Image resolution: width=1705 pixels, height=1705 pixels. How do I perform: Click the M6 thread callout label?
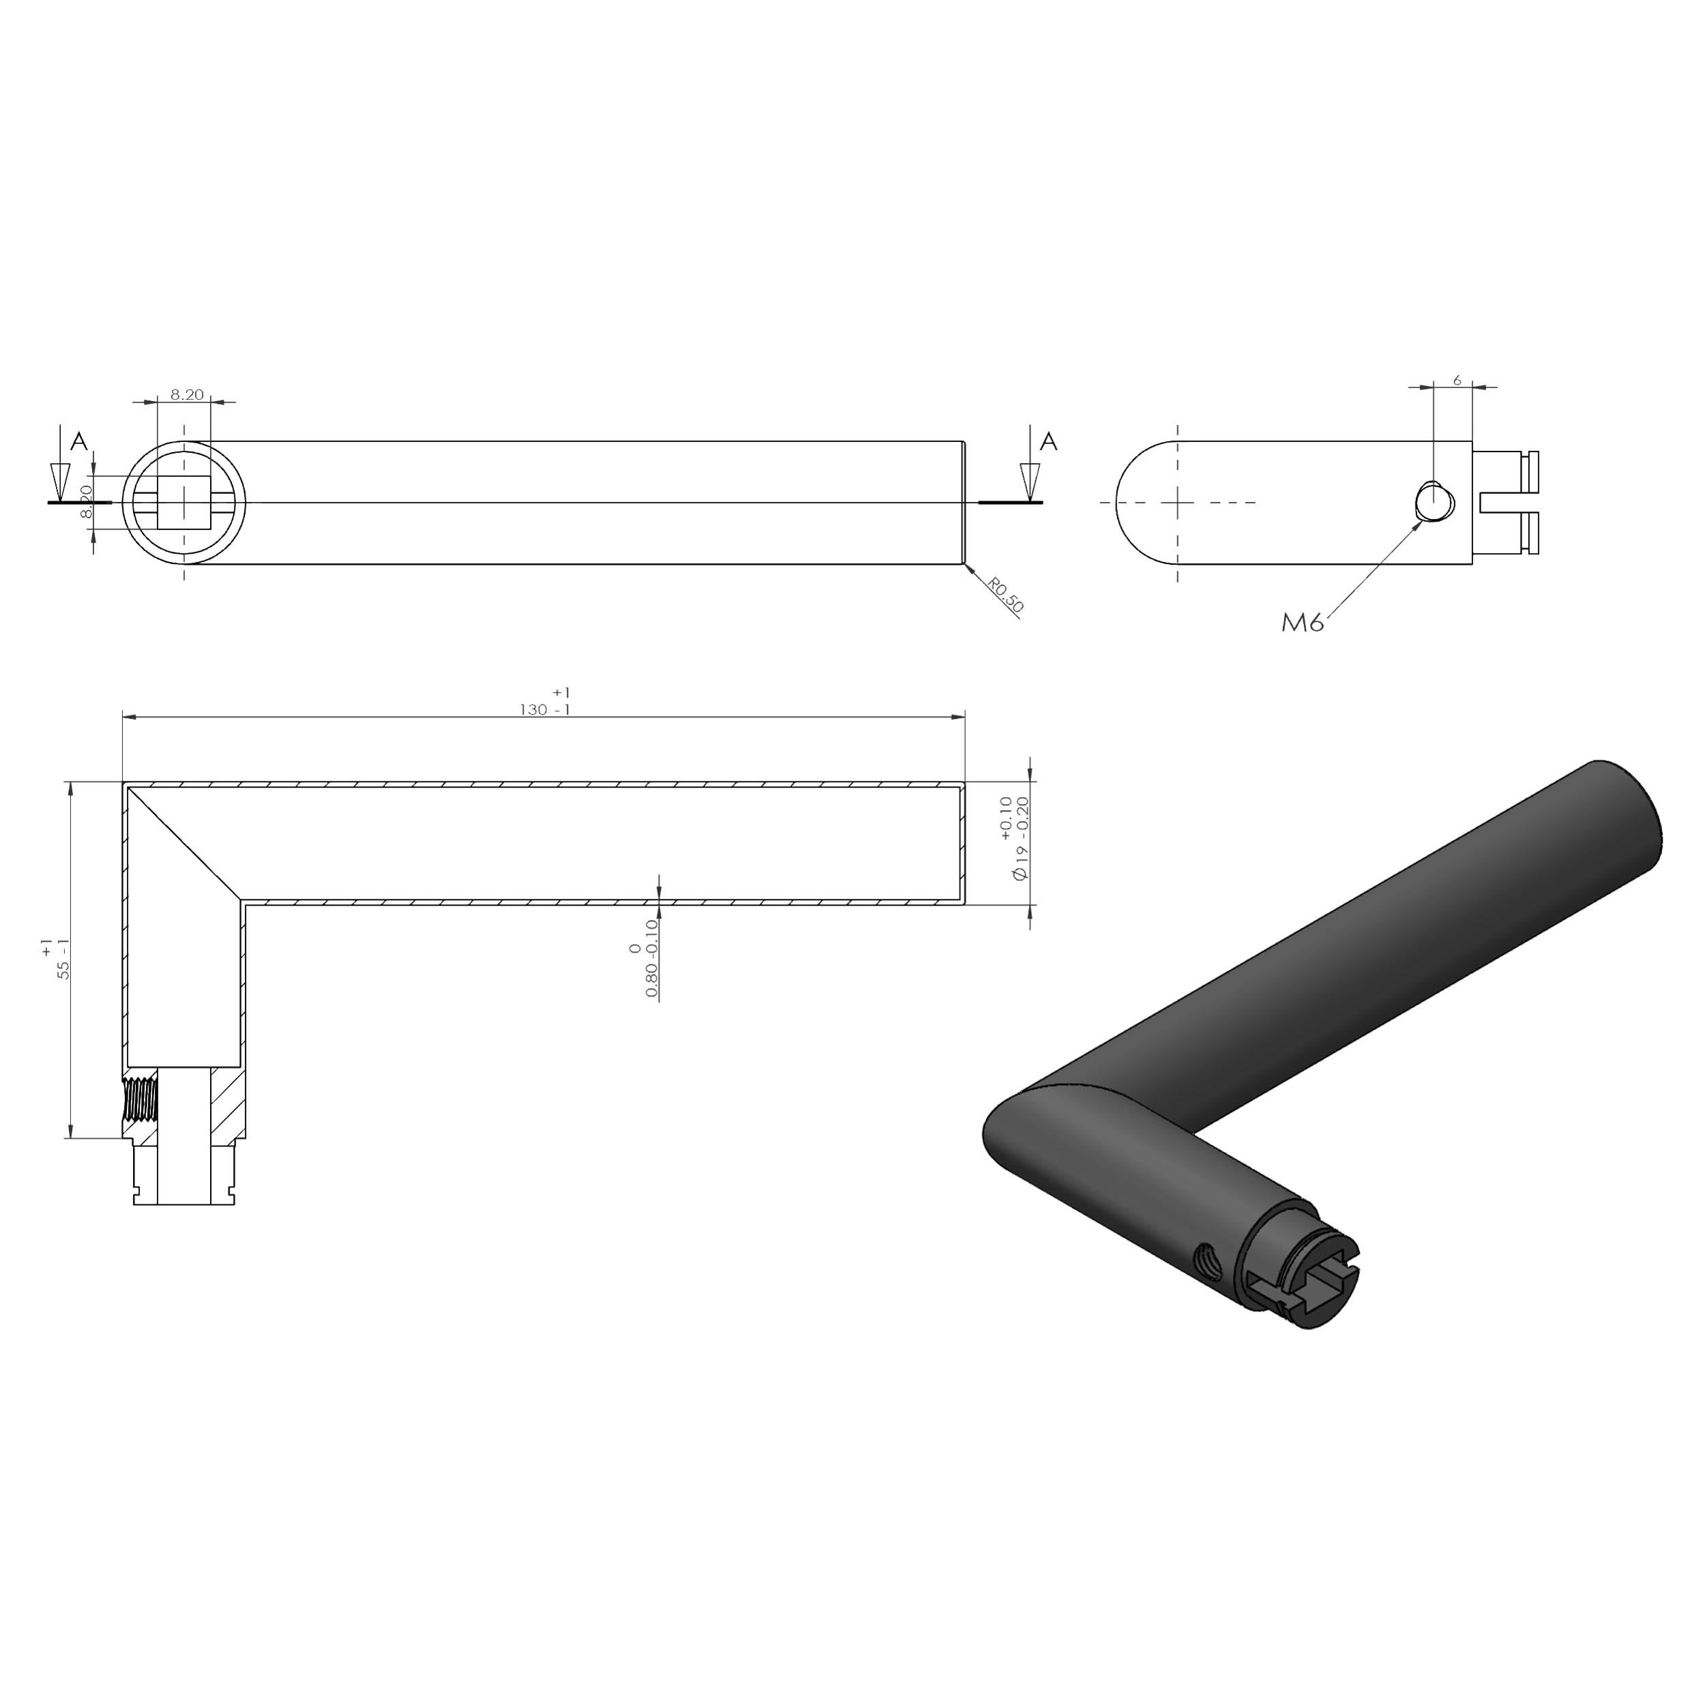(1302, 623)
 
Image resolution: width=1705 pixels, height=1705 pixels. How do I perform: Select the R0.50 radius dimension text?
(1005, 595)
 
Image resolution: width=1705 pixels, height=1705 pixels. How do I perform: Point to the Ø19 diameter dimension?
(1015, 837)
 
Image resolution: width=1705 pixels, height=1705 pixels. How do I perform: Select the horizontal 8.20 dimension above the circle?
(186, 394)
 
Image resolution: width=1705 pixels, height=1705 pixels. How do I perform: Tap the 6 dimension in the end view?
(1456, 379)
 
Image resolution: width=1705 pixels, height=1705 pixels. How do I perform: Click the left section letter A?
(79, 441)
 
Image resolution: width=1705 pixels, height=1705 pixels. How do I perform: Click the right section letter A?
(1048, 441)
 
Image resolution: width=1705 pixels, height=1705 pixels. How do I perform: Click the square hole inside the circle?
(183, 502)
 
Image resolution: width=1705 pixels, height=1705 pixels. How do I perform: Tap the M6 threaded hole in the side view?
(1432, 502)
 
